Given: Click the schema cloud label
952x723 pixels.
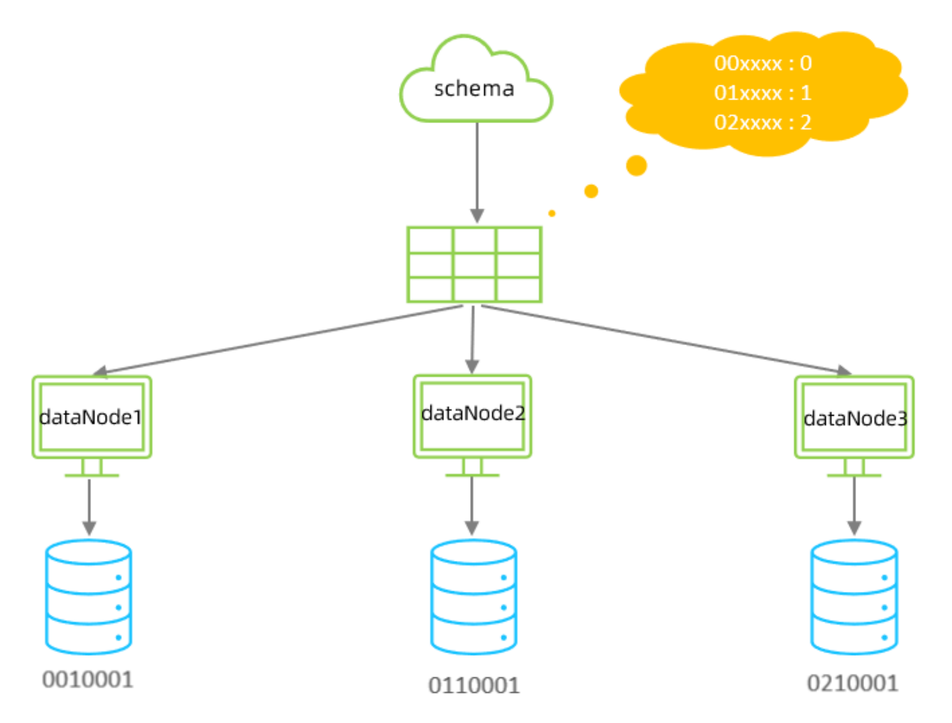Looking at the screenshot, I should pyautogui.click(x=474, y=88).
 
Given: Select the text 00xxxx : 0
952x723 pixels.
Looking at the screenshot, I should pyautogui.click(x=762, y=63).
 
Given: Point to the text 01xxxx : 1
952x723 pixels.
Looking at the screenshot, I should pyautogui.click(x=762, y=93).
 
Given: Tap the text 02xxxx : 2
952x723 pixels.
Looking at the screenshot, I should pyautogui.click(x=762, y=122).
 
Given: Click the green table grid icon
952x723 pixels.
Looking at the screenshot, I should pyautogui.click(x=474, y=265).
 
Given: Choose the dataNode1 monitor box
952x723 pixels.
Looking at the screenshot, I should pyautogui.click(x=92, y=417).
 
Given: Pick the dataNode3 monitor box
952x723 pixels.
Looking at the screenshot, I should pyautogui.click(x=854, y=418).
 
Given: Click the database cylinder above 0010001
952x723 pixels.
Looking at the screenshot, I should pyautogui.click(x=88, y=597).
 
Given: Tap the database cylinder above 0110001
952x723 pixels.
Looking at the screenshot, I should pyautogui.click(x=474, y=597).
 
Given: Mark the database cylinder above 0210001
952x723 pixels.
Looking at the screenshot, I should pyautogui.click(x=854, y=597).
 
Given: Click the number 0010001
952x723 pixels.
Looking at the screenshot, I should pyautogui.click(x=88, y=680).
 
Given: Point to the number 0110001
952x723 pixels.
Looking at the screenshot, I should pyautogui.click(x=474, y=685).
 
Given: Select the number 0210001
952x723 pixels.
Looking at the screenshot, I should pyautogui.click(x=852, y=683).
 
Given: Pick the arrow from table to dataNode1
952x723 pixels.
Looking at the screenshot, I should pyautogui.click(x=278, y=339).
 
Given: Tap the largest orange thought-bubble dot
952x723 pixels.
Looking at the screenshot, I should pyautogui.click(x=637, y=166).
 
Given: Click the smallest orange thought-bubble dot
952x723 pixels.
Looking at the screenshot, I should pyautogui.click(x=552, y=213).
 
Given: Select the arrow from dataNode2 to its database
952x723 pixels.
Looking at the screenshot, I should pyautogui.click(x=472, y=504).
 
